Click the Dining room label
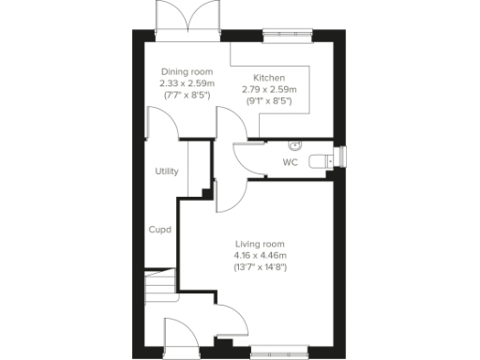[x=186, y=72]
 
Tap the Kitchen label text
[x=268, y=78]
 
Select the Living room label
[x=260, y=245]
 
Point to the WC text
[x=290, y=162]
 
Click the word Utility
[x=167, y=172]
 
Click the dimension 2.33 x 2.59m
[x=186, y=83]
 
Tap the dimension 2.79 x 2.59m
[x=268, y=89]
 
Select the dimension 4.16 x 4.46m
[x=260, y=256]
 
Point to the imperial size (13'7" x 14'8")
[x=260, y=267]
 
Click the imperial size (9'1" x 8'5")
[x=268, y=100]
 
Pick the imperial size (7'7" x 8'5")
[x=186, y=95]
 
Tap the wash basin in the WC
[x=295, y=145]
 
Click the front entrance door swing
[x=178, y=335]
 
